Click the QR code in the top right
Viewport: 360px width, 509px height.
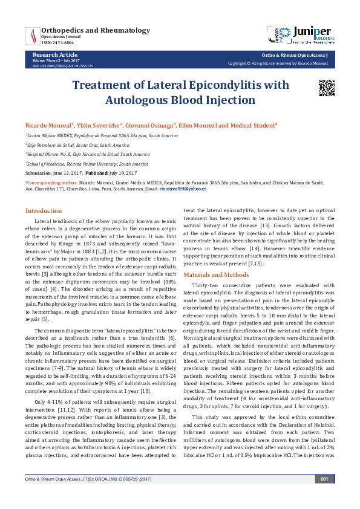click(x=327, y=88)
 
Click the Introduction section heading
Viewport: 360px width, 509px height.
click(x=43, y=210)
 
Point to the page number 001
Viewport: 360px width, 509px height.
click(x=324, y=496)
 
